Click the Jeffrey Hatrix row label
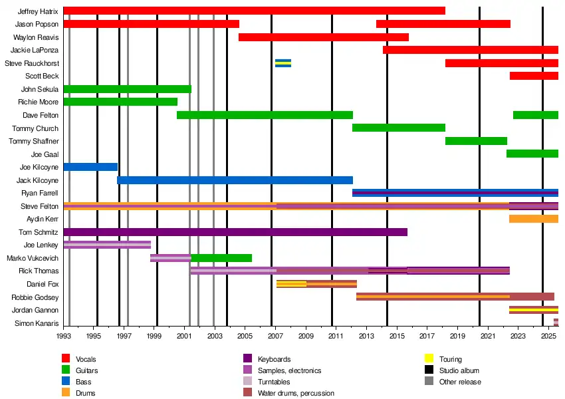38,11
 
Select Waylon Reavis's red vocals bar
324,37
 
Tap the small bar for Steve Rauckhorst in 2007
283,63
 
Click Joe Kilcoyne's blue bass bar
90,167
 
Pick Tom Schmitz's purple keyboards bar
235,232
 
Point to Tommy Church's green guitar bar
399,128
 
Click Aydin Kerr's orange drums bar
534,219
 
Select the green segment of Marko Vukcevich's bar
221,258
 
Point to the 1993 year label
63,337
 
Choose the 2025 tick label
548,337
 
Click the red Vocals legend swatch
66,359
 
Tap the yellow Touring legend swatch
429,359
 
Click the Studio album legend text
459,370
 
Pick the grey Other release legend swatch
429,382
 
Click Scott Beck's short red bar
534,76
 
